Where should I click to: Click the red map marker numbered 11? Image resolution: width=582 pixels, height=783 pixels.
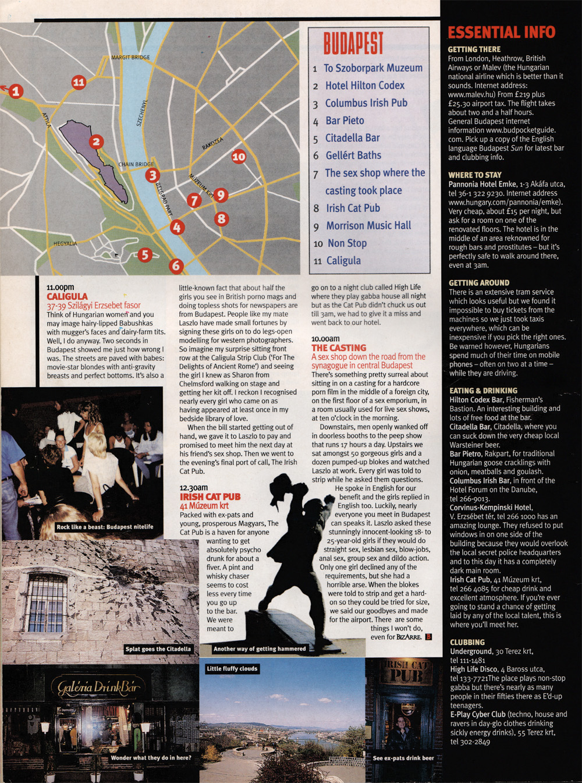click(x=79, y=83)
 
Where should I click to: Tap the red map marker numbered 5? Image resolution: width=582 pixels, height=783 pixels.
click(x=145, y=254)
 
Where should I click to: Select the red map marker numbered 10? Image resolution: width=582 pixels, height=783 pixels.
click(x=239, y=156)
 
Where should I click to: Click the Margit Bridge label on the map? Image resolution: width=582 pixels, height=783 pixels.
click(x=130, y=58)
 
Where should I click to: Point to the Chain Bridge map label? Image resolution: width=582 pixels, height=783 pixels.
click(x=136, y=164)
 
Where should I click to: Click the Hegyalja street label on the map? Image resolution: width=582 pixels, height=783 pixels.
click(x=65, y=243)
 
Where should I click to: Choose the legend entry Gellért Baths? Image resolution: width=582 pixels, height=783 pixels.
click(x=353, y=155)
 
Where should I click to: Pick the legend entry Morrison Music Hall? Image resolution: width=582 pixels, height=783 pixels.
click(x=368, y=225)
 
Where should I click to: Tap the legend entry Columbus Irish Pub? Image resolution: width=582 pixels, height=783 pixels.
click(x=366, y=103)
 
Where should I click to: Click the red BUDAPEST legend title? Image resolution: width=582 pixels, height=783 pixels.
click(x=353, y=44)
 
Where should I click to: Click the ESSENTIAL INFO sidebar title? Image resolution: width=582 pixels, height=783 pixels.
click(x=501, y=33)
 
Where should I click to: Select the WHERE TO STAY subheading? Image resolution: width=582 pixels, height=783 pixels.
click(x=475, y=175)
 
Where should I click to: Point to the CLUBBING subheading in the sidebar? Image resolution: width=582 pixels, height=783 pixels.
click(x=467, y=642)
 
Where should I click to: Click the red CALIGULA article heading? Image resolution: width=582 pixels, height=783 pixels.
click(x=68, y=296)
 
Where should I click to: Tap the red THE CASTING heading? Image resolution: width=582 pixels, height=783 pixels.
click(x=339, y=348)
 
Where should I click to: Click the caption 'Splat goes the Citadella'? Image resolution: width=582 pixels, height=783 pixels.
click(x=158, y=649)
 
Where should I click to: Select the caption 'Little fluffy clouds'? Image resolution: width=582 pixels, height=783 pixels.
click(x=232, y=669)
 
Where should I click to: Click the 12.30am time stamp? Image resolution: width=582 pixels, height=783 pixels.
click(x=194, y=488)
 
